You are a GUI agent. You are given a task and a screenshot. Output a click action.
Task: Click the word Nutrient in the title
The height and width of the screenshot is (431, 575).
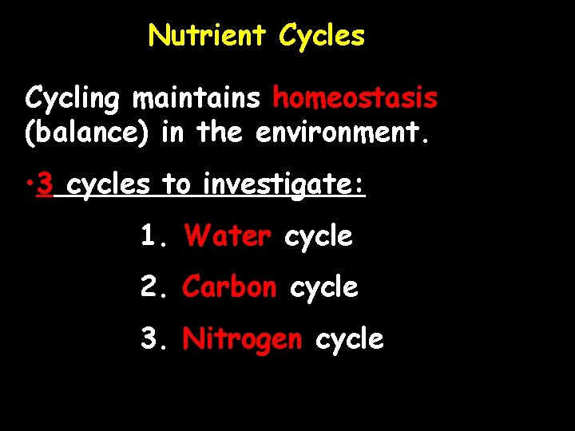click(208, 35)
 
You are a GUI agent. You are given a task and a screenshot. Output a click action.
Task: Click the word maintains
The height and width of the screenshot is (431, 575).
click(196, 98)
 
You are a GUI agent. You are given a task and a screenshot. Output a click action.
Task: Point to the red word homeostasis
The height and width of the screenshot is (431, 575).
click(355, 98)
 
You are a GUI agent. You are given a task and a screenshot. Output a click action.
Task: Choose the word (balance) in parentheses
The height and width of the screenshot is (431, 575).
click(87, 132)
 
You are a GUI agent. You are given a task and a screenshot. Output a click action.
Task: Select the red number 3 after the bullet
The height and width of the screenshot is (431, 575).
click(46, 185)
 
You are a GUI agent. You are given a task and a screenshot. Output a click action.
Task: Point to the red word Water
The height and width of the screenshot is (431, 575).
click(228, 236)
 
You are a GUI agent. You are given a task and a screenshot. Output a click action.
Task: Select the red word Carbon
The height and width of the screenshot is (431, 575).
click(230, 287)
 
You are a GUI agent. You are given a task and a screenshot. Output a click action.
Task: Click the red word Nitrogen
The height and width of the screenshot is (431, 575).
click(243, 340)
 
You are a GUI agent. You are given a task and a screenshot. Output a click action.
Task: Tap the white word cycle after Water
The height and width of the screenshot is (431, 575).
click(319, 237)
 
